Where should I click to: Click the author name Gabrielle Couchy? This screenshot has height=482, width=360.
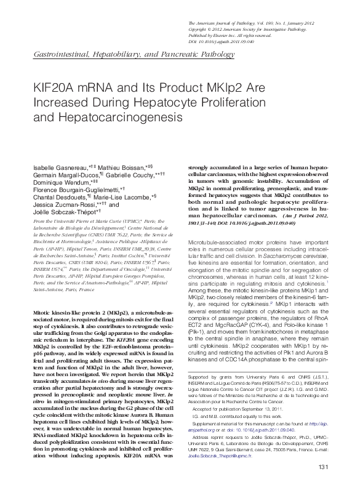click(x=134, y=175)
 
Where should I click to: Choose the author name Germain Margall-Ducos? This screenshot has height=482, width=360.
click(x=60, y=175)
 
